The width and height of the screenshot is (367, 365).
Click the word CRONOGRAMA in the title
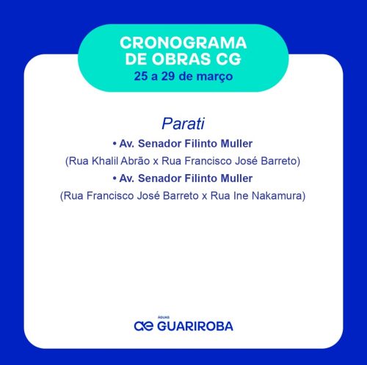[x=183, y=43]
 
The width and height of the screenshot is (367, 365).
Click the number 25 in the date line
[x=141, y=76]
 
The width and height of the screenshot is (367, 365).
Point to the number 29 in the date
[x=168, y=76]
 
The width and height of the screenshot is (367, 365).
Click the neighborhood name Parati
[x=183, y=123]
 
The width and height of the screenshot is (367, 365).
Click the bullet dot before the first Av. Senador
[x=115, y=144]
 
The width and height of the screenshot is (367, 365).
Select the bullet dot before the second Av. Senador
[x=115, y=178]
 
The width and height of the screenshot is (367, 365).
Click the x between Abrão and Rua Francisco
[x=156, y=162]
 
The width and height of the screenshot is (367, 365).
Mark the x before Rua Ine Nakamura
[x=205, y=197]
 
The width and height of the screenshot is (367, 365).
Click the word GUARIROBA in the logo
[x=195, y=326]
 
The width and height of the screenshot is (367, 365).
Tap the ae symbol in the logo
[x=144, y=326]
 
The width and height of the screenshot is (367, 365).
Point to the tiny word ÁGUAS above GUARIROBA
[x=164, y=317]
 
